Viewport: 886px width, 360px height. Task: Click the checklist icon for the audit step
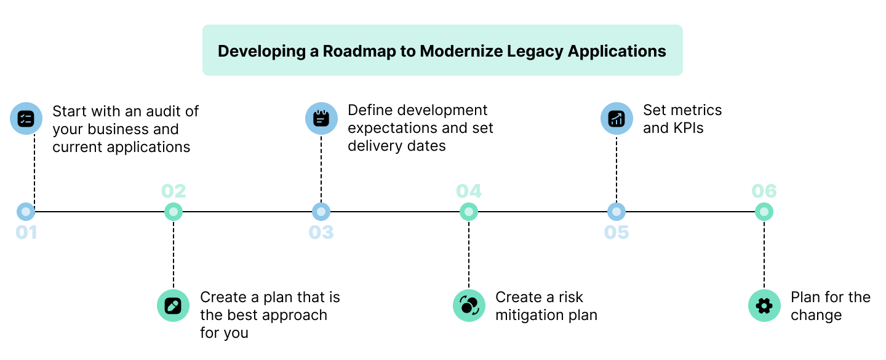(26, 118)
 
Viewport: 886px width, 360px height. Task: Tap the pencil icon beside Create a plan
(173, 305)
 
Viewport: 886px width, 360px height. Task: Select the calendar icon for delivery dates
(321, 118)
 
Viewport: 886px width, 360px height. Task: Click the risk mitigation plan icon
(469, 305)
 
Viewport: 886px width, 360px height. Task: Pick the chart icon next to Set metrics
(617, 118)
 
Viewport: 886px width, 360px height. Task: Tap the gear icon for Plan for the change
(764, 305)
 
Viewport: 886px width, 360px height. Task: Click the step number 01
(26, 233)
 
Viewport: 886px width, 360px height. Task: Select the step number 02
(174, 191)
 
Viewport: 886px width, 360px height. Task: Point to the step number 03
(321, 233)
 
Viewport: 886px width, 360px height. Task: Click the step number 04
(469, 191)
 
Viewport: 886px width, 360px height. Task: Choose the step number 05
(617, 233)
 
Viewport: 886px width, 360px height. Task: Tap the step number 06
(764, 191)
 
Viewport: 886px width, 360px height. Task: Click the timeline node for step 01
(26, 212)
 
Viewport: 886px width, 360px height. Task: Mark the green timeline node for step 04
(469, 212)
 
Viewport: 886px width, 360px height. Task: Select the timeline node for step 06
(764, 212)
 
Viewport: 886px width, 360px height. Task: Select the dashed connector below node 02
(174, 252)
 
